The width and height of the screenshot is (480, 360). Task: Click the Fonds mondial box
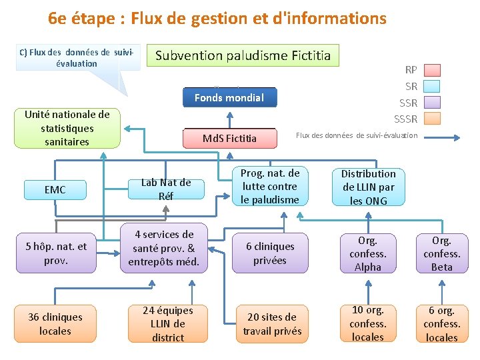pos(229,98)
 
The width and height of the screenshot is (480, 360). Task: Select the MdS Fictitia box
pos(229,139)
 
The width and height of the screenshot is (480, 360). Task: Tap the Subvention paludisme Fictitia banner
pos(243,55)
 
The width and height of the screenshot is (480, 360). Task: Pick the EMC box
pos(55,190)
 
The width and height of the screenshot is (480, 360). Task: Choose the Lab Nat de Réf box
pos(166,189)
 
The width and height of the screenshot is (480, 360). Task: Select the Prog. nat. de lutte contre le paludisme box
pos(270,186)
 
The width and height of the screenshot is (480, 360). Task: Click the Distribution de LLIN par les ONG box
pos(368,187)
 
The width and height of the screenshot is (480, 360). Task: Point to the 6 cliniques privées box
pos(270,253)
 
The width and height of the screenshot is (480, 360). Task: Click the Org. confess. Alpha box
pos(367,253)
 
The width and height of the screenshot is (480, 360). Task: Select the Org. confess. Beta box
pos(441,253)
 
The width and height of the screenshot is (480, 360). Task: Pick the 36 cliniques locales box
pos(55,324)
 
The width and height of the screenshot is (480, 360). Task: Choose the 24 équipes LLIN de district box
pos(167,324)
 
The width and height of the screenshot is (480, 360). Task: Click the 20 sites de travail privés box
pos(272,324)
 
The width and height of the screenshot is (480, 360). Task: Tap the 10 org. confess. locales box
pos(367,324)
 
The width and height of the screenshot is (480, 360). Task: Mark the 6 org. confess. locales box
pos(441,324)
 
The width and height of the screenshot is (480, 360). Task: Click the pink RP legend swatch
pos(432,70)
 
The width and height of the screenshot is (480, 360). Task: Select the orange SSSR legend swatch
pos(432,119)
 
